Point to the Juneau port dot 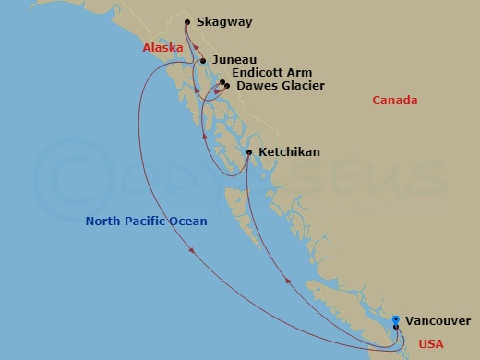(202, 61)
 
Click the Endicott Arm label (272, 73)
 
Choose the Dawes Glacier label (281, 87)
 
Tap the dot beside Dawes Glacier (227, 87)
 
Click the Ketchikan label (291, 151)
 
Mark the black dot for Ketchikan (250, 152)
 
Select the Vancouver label (439, 320)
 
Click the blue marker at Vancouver (396, 319)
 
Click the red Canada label (395, 101)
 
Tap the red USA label (432, 343)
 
